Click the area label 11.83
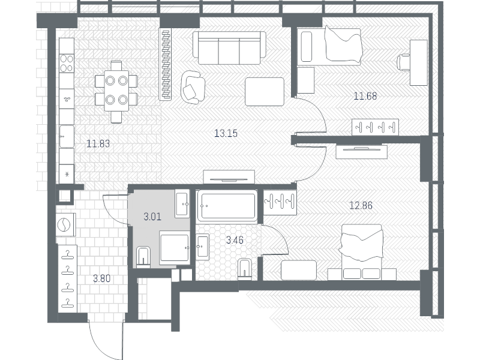click(98, 143)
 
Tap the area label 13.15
click(226, 133)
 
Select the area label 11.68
click(365, 96)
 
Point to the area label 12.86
click(361, 205)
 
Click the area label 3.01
click(152, 217)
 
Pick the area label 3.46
click(235, 240)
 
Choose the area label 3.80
click(101, 278)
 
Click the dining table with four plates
click(116, 91)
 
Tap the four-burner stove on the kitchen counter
click(67, 63)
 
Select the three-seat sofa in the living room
click(229, 48)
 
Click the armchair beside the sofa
click(193, 87)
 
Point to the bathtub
click(227, 205)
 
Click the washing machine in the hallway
click(65, 225)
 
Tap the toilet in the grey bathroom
click(143, 257)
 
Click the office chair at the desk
click(403, 63)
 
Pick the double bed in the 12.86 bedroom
click(362, 252)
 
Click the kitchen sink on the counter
click(67, 136)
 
